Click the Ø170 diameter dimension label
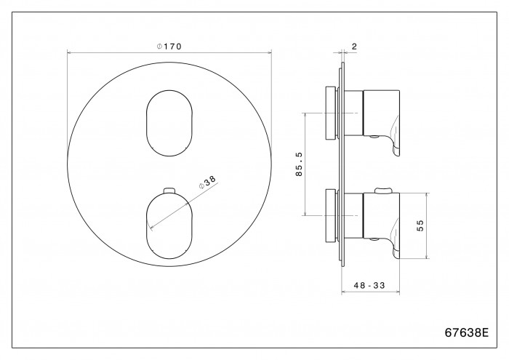click(169, 47)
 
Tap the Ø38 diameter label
click(207, 183)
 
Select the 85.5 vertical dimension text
click(299, 164)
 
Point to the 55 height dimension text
click(420, 225)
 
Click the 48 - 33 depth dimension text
click(369, 285)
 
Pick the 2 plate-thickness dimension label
click(354, 47)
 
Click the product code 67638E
click(467, 332)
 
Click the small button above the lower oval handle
click(169, 190)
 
